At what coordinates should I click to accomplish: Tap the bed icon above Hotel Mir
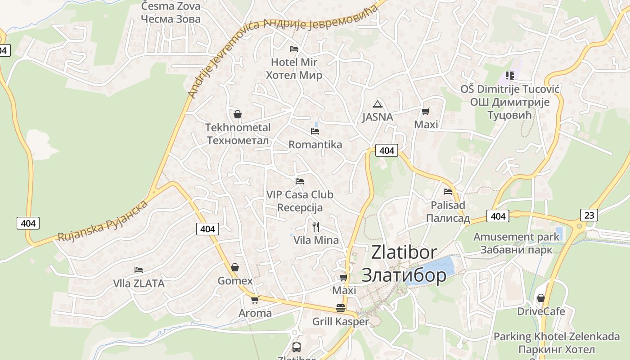(294, 49)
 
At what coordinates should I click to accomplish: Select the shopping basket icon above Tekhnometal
(238, 114)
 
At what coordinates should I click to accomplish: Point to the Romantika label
(315, 144)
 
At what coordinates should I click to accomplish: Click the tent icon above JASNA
(378, 104)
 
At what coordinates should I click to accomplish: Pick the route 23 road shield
(589, 215)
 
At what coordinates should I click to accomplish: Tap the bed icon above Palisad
(447, 192)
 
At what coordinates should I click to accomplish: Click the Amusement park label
(516, 237)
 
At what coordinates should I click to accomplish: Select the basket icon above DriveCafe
(541, 298)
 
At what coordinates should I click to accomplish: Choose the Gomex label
(235, 281)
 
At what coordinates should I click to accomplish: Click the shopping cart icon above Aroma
(255, 300)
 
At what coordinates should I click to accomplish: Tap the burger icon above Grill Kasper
(341, 308)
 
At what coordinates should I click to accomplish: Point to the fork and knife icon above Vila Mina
(316, 226)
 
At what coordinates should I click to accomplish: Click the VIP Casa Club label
(300, 194)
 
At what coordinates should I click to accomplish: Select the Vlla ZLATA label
(139, 283)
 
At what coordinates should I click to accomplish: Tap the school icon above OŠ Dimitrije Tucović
(509, 75)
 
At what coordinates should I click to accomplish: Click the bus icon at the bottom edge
(297, 347)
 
